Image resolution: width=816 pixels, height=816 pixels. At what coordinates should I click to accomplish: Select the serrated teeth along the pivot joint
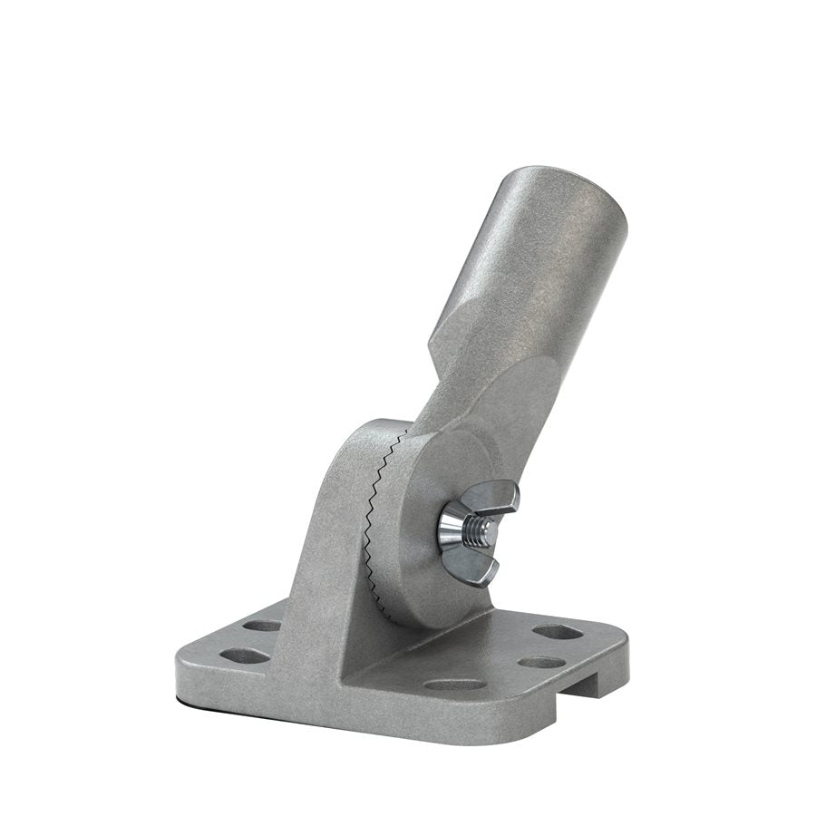pos(379,508)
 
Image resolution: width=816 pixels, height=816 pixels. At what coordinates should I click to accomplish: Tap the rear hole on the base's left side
pos(263,626)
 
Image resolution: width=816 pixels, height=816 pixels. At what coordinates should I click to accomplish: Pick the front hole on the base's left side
pos(238,655)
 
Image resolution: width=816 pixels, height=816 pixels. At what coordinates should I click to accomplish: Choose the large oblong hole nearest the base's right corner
pos(557,632)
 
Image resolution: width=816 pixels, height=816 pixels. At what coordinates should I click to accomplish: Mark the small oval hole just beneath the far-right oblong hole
pos(541,662)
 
